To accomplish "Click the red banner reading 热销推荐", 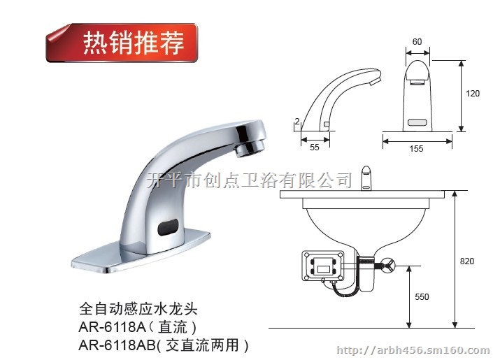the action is [122, 43].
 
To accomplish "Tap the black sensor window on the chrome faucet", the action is [168, 226].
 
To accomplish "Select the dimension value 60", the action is [417, 42].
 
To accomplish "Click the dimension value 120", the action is [473, 94].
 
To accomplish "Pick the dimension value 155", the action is [417, 149].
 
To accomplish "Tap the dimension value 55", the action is [315, 147].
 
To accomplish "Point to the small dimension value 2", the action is [297, 122].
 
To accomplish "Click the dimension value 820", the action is [467, 261].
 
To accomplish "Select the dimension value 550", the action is [422, 297].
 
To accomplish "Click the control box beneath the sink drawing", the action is [323, 266].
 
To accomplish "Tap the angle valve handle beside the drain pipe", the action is [389, 264].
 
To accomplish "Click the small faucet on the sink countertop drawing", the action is [366, 178].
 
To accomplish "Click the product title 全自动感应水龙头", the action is [138, 309].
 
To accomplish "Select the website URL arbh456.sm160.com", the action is [413, 350].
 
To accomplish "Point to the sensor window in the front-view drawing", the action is [417, 122].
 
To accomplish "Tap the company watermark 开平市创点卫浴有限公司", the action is [250, 180].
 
